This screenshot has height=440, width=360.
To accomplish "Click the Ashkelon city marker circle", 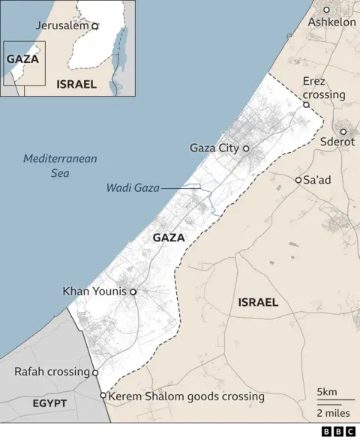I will [x=326, y=10].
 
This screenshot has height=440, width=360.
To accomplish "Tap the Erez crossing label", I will [x=324, y=88].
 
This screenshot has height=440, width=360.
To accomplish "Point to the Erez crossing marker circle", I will [x=306, y=105].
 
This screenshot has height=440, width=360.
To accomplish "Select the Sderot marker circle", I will [x=343, y=131].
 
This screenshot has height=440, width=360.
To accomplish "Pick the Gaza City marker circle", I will [x=245, y=148].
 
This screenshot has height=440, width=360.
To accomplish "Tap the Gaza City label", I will [x=214, y=148].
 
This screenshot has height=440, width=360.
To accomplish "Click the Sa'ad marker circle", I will [x=298, y=180].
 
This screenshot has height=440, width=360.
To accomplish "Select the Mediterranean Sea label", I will [x=60, y=166].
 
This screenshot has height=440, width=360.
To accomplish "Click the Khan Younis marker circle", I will [x=133, y=291].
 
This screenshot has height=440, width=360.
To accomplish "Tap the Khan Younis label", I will [x=95, y=291].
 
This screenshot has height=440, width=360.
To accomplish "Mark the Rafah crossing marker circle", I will [x=95, y=373].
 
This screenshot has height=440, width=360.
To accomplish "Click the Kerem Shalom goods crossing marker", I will [x=103, y=396].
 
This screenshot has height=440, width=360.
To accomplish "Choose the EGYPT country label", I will [x=49, y=403].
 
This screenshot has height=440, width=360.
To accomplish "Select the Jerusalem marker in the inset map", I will [x=94, y=25].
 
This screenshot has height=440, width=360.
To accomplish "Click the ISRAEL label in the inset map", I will [x=76, y=84].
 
